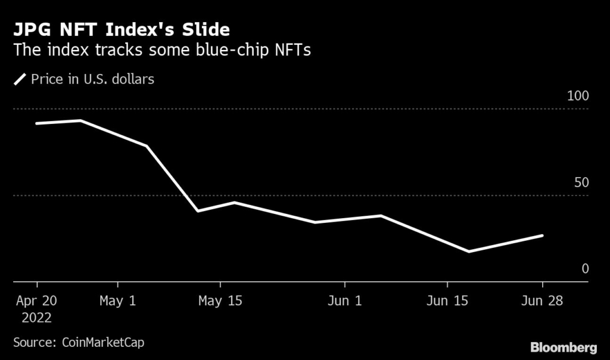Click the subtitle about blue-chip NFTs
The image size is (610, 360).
pos(162,50)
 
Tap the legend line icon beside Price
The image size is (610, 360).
pos(20,79)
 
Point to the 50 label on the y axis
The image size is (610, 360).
pos(581,182)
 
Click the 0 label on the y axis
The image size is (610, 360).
pos(585,269)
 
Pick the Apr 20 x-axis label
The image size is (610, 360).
pos(36,301)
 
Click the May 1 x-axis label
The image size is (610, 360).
pos(117,301)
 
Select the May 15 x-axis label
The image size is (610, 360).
pos(220,301)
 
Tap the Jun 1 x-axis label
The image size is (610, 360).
pos(344,301)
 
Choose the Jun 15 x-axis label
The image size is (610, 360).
pos(446,301)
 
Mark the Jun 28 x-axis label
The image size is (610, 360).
pos(542,301)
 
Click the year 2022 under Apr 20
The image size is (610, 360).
pos(36,318)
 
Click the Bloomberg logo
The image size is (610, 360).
pos(563,346)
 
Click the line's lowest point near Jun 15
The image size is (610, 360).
pos(469,252)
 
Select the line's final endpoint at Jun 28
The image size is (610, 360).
pos(542,235)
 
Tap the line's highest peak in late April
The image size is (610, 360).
pos(80,120)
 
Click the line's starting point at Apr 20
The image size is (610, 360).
pos(36,123)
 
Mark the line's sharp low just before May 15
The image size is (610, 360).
pos(198,211)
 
